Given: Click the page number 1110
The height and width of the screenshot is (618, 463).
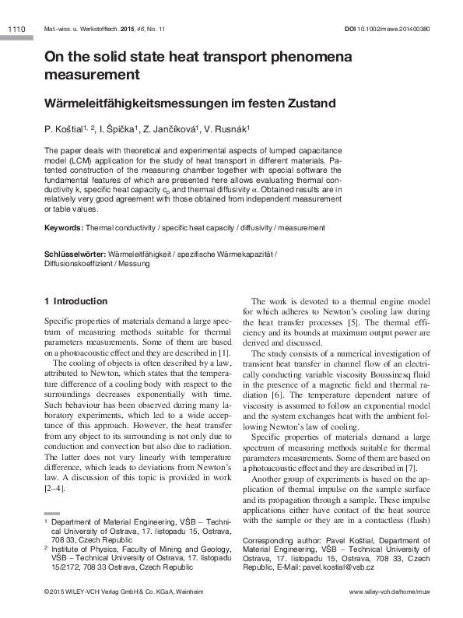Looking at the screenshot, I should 16,29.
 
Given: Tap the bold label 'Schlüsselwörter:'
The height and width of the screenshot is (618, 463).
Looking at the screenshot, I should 75,254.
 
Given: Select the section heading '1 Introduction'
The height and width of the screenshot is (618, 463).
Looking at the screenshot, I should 76,301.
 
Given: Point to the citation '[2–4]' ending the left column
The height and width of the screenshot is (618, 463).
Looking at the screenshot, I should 55,489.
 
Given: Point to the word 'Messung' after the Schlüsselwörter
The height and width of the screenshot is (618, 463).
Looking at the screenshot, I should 134,264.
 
